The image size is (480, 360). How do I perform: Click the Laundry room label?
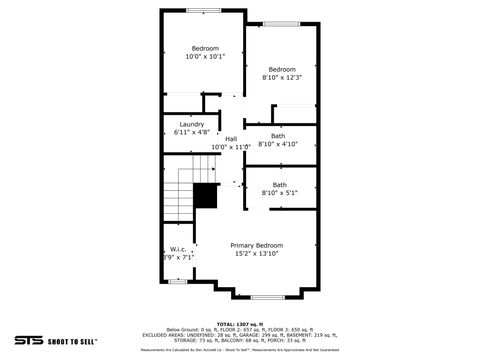click(192, 124)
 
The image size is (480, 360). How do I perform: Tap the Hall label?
click(231, 139)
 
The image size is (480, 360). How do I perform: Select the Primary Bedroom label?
click(257, 245)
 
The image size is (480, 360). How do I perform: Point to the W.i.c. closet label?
click(178, 249)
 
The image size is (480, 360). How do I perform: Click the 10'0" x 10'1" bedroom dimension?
click(205, 57)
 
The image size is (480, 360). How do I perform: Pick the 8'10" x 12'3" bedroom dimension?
click(281, 77)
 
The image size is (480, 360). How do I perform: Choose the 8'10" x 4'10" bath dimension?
click(278, 144)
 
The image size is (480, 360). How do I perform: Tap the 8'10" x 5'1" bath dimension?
click(279, 193)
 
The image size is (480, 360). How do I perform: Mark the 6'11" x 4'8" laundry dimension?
click(192, 132)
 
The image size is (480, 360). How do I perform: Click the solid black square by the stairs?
click(206, 196)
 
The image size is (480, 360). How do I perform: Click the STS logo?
click(26, 340)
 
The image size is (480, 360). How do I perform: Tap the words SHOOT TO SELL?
click(72, 341)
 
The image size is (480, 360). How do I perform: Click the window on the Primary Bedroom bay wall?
click(266, 297)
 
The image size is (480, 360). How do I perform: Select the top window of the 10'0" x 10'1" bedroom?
click(204, 10)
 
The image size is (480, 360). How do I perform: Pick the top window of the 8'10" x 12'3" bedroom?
click(281, 23)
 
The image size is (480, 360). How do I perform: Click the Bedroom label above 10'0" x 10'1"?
click(205, 48)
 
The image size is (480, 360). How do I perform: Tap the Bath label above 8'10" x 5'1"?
click(280, 184)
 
